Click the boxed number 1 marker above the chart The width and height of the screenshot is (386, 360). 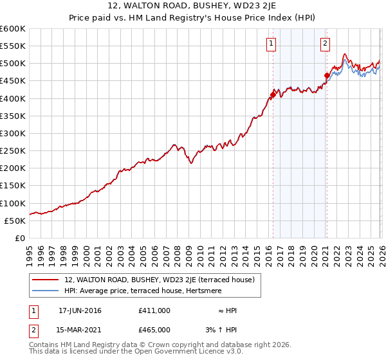tap(271, 44)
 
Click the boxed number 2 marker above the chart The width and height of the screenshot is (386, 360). tap(326, 44)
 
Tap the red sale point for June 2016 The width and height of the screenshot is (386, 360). tap(273, 94)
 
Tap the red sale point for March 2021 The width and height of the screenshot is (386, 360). tap(327, 75)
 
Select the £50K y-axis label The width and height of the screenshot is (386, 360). tap(15, 221)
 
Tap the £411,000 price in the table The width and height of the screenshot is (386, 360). tap(154, 310)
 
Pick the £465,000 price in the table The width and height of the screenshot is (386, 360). tap(154, 329)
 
